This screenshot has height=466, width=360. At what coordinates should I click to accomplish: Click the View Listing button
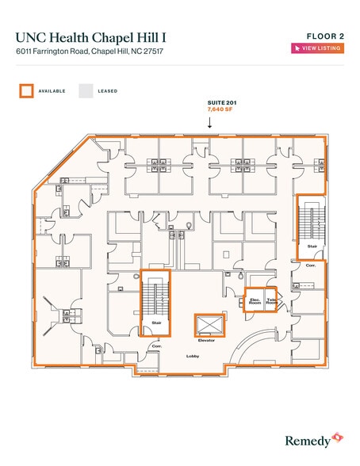pos(317,48)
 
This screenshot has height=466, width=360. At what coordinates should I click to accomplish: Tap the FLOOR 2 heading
pos(325,36)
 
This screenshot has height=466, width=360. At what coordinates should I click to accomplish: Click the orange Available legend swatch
pos(26,91)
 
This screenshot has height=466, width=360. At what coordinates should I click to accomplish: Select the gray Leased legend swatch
pos(86,91)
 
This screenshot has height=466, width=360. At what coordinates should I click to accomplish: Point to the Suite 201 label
pos(222,103)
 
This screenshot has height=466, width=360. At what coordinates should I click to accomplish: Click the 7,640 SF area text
pos(220,109)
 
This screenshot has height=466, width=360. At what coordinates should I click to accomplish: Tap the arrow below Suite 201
pos(210,123)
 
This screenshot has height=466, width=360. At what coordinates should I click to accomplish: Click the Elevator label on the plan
pos(206,340)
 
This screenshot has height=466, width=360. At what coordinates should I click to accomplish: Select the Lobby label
pos(193,356)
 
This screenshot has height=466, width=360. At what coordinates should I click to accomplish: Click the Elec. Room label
pos(255,301)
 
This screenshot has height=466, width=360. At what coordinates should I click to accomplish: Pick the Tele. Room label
pos(271,301)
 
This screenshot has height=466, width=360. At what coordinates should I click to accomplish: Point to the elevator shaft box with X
pos(209,325)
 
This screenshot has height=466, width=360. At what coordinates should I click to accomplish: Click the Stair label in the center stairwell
pos(156,323)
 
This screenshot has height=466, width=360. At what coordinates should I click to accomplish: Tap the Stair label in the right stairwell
pos(312,246)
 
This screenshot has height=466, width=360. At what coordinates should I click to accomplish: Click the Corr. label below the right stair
pos(311,265)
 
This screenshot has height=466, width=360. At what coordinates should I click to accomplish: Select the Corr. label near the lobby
pos(157,346)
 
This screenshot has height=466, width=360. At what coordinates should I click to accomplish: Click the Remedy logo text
pos(308,441)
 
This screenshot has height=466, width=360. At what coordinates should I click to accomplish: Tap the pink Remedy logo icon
pos(338,437)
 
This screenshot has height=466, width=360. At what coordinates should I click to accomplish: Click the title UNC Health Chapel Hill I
pos(90,38)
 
